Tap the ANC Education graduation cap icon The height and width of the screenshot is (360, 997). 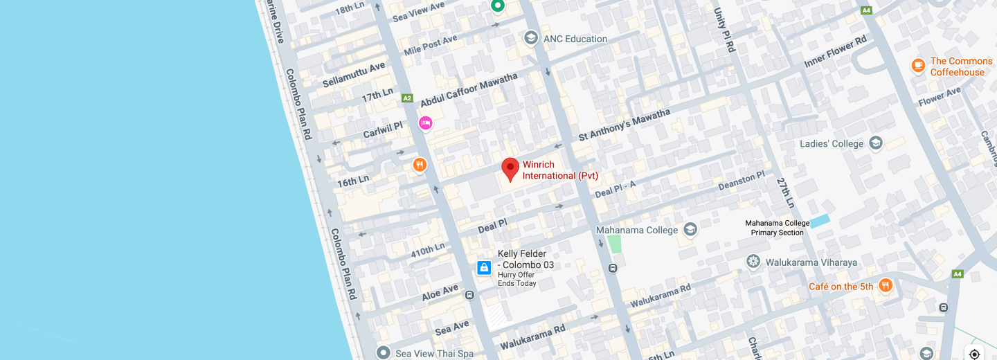(x=531, y=38)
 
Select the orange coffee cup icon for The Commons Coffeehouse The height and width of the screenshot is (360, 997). (x=918, y=66)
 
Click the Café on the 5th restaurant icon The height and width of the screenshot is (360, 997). (x=885, y=285)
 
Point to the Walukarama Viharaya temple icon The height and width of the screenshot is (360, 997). (x=753, y=262)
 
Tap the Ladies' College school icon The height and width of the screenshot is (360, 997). (x=876, y=143)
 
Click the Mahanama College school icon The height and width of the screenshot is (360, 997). (x=690, y=229)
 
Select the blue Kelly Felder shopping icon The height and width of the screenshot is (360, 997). (x=484, y=267)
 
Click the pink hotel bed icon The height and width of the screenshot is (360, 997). (x=425, y=123)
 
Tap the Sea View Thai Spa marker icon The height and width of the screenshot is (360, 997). (x=384, y=353)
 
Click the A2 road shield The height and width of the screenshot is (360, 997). (x=407, y=98)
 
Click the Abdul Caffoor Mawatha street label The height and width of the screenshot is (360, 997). (x=469, y=90)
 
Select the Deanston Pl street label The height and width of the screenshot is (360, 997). (x=741, y=181)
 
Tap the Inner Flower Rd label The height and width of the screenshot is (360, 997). (x=835, y=52)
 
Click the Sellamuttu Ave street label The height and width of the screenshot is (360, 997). (x=354, y=75)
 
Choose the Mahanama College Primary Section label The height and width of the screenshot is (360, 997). (x=777, y=228)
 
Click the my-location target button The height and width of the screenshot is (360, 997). (x=974, y=354)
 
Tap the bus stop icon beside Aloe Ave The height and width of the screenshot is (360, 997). (x=470, y=295)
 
